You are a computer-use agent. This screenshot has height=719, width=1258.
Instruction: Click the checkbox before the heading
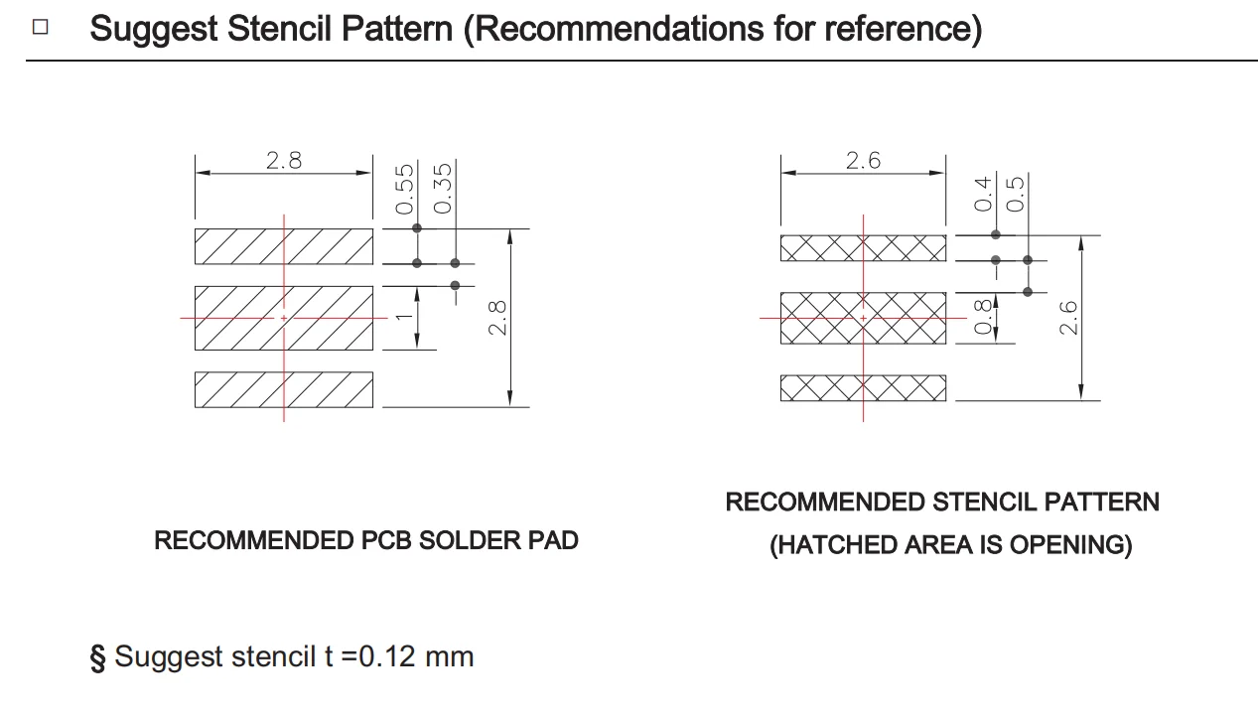coord(40,27)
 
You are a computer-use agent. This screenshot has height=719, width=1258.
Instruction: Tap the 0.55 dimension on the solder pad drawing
coord(405,189)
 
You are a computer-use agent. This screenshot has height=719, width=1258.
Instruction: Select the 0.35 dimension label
coord(444,188)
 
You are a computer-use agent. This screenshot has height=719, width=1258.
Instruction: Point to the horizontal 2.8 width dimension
coord(283,160)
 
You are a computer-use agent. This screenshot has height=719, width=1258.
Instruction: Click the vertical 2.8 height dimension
coord(498,318)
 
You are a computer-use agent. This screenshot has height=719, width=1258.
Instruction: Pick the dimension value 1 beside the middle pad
coord(404,317)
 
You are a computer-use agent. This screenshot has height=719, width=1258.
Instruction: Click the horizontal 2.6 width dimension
coord(863,160)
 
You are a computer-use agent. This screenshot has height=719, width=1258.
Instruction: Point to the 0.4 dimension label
coord(984,193)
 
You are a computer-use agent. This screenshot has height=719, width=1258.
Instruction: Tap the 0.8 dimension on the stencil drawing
coord(984,318)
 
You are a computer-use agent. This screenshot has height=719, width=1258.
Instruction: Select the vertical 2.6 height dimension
coord(1068,318)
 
